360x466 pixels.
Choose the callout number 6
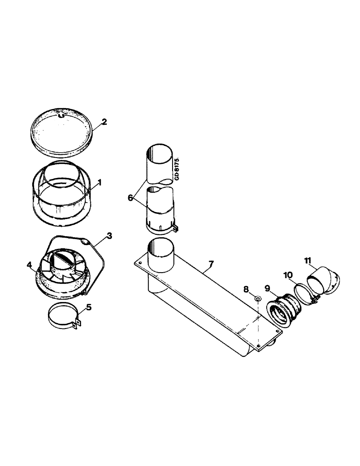130,198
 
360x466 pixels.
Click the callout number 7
211,265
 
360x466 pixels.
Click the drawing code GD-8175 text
179,170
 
